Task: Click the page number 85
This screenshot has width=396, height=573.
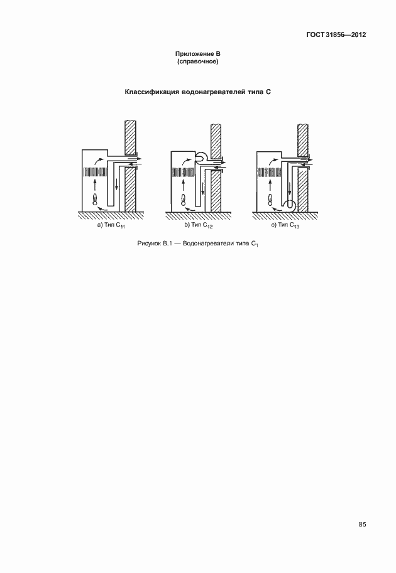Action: click(x=362, y=524)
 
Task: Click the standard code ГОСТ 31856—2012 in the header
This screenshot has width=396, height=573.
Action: click(x=331, y=35)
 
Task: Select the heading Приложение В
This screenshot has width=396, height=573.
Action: click(x=197, y=55)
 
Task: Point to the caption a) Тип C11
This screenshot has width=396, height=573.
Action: click(x=111, y=226)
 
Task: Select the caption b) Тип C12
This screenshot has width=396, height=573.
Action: click(x=198, y=226)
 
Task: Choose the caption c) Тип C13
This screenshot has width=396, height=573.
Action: click(x=285, y=226)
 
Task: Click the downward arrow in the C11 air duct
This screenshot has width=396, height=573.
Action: click(x=116, y=186)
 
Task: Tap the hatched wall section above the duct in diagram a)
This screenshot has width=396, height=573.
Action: click(x=131, y=135)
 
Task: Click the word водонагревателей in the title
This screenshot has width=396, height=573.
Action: click(x=219, y=92)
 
